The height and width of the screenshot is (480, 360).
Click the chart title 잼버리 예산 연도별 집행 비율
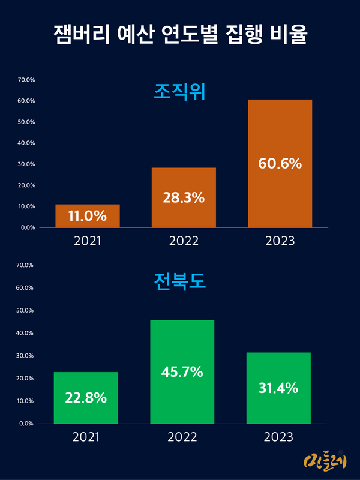[180, 34]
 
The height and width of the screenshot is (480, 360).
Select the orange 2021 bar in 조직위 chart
[88, 216]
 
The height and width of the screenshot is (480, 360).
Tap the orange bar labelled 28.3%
[184, 197]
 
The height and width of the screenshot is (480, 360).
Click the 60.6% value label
[280, 163]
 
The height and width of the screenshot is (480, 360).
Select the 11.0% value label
[88, 216]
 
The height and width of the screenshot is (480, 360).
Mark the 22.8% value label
[86, 397]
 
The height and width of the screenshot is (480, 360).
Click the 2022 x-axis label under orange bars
[184, 241]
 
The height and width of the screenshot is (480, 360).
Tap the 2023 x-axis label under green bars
[278, 437]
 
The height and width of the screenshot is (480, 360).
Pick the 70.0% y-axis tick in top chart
[26, 80]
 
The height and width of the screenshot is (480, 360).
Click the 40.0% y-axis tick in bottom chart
[26, 333]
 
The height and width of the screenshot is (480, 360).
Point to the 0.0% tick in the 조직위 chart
[28, 227]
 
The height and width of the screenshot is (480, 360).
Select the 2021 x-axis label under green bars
[86, 437]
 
